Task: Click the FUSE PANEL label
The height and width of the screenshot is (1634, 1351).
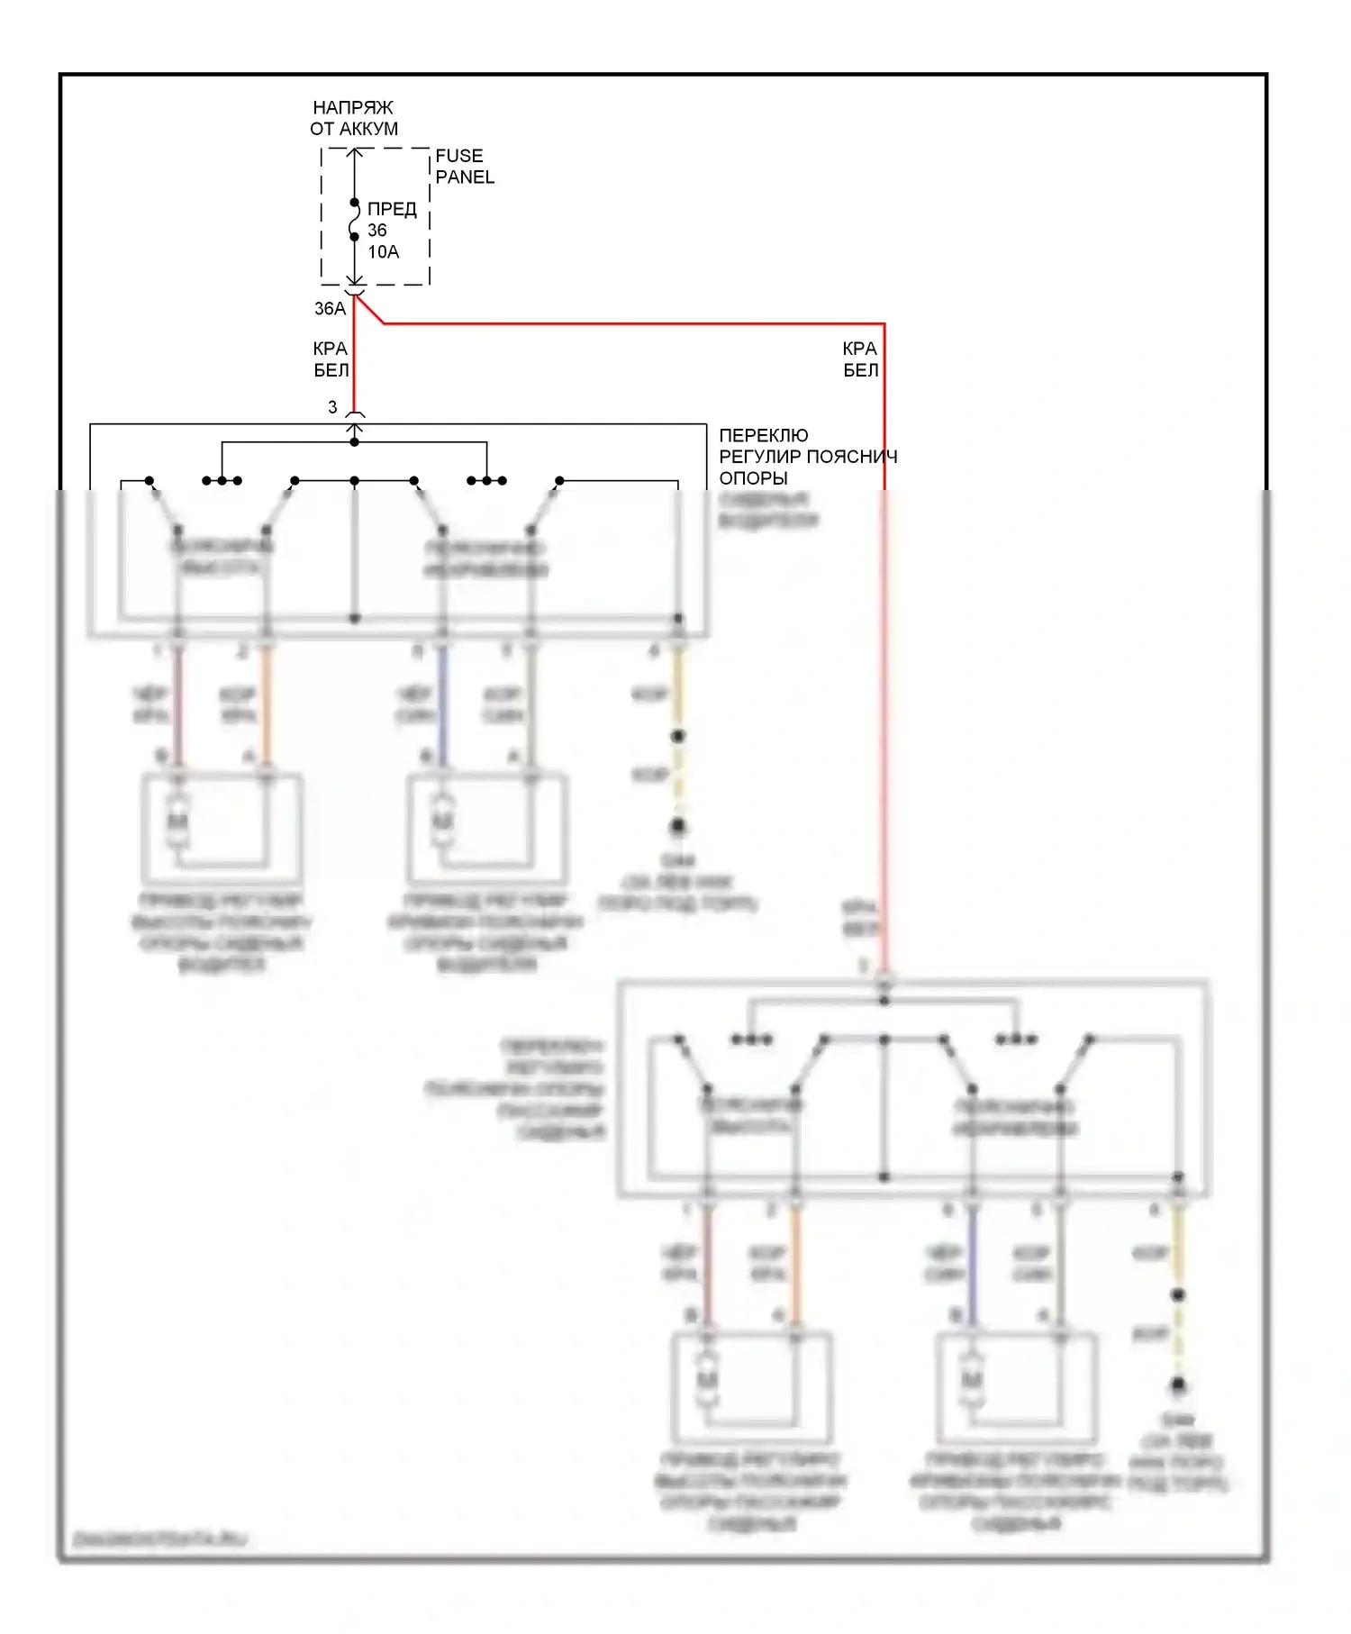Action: (x=464, y=167)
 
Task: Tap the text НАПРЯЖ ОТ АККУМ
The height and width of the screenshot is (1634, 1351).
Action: (x=354, y=118)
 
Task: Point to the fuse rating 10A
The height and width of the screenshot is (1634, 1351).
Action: (x=383, y=252)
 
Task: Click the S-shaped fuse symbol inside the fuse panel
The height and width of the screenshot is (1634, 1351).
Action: (x=355, y=221)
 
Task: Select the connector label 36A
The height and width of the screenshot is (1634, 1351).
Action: (x=330, y=309)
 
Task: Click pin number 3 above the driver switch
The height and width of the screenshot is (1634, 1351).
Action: (x=332, y=407)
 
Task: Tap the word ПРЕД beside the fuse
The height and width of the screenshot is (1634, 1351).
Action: (x=392, y=209)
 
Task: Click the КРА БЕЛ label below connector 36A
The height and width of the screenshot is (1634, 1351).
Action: (x=331, y=359)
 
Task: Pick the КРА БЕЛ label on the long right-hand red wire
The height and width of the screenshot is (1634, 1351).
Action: (x=860, y=359)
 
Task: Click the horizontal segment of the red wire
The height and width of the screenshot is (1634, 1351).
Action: (x=630, y=323)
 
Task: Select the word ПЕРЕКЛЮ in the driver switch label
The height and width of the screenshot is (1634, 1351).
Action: (x=764, y=435)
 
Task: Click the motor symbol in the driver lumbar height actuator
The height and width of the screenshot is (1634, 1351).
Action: (x=178, y=822)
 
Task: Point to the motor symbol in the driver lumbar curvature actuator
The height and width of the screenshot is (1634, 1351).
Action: (x=442, y=822)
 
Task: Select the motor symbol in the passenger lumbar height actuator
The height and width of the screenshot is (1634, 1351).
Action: (x=707, y=1381)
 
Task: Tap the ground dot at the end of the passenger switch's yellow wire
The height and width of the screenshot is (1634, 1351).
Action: (x=1177, y=1385)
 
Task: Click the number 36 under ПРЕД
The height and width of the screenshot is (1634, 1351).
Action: (x=376, y=231)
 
